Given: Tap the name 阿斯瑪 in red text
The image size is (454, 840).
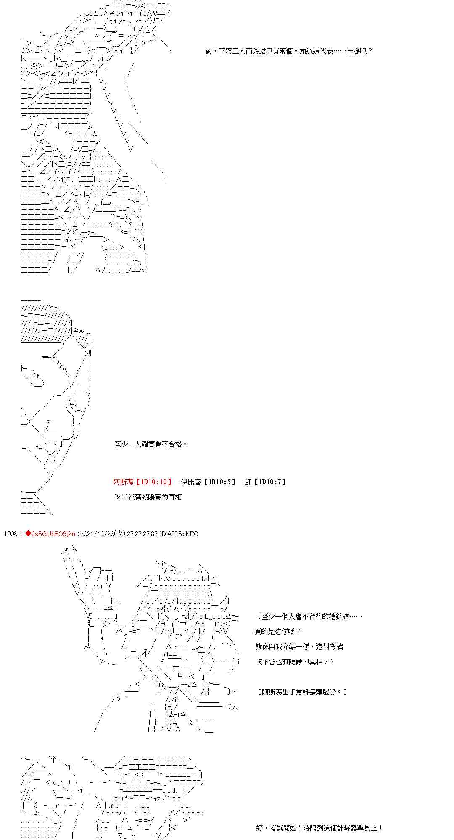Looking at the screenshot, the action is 123,482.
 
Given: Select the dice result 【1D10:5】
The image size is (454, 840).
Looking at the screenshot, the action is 219,482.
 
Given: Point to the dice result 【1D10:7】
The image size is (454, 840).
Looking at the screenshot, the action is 270,482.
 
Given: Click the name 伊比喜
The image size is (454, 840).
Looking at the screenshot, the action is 191,482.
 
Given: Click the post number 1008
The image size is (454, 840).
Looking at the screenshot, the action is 11,534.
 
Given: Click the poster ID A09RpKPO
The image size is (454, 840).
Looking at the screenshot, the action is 183,534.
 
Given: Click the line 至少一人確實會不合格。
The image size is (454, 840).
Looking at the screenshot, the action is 150,444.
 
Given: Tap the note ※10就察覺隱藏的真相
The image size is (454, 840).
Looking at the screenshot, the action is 148,497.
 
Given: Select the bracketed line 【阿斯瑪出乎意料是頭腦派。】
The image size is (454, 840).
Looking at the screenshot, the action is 301,692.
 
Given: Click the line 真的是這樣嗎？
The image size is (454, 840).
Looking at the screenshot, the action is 277,632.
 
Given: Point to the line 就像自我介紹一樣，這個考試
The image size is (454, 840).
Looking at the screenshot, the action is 298,647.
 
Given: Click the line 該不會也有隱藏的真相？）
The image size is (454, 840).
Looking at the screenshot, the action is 294,662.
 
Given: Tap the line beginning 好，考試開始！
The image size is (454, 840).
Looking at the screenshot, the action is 319,828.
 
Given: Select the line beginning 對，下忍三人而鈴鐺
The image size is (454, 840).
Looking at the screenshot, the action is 289,51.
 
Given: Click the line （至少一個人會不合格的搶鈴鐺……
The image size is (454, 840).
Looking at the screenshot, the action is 309,617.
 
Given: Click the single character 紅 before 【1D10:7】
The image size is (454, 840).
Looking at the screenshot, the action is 248,482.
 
